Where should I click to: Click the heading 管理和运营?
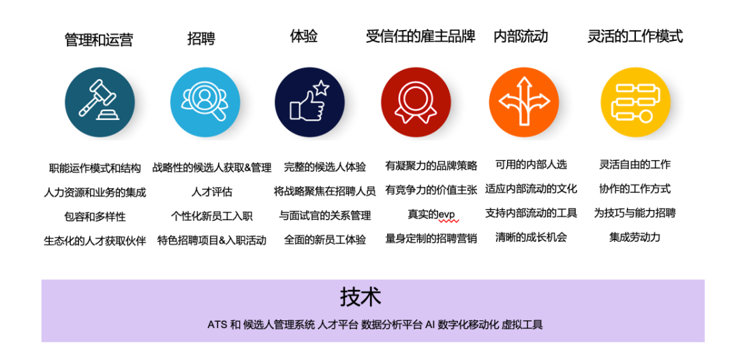tap(98, 40)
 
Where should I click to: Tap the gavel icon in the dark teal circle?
tap(99, 103)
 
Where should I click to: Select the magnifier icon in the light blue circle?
tap(204, 103)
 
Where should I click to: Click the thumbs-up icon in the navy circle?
tap(309, 102)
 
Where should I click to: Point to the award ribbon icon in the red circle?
tap(416, 103)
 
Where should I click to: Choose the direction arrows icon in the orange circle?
tap(523, 102)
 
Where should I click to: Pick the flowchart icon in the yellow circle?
tap(634, 103)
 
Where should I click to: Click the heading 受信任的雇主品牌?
tap(420, 37)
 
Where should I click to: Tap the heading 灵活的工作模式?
tap(634, 37)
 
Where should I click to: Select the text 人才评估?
tap(212, 192)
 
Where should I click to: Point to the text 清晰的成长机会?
tap(531, 237)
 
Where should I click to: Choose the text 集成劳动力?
tap(634, 237)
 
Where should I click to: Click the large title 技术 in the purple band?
tap(361, 297)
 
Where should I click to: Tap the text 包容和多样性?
tap(95, 216)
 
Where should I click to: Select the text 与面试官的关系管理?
tap(324, 215)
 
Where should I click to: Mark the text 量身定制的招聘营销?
tap(431, 239)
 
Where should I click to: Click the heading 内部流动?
tap(521, 37)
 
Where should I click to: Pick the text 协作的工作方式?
tap(634, 189)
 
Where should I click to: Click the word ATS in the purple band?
tap(217, 325)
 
